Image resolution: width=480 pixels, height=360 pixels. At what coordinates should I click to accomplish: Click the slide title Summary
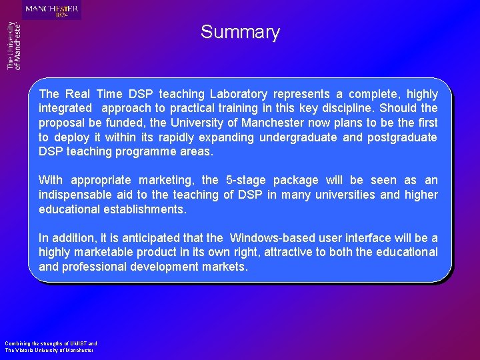click(240, 32)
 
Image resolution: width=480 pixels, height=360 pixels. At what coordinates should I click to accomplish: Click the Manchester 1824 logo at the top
click(52, 10)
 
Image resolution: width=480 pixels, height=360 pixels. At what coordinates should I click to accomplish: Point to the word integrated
click(65, 108)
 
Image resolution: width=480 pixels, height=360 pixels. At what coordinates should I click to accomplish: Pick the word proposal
click(61, 123)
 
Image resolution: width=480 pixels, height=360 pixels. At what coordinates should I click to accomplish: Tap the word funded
click(126, 123)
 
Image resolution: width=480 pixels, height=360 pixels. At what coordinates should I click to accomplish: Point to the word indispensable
click(76, 195)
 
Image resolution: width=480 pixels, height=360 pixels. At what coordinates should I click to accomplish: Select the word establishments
click(141, 209)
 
